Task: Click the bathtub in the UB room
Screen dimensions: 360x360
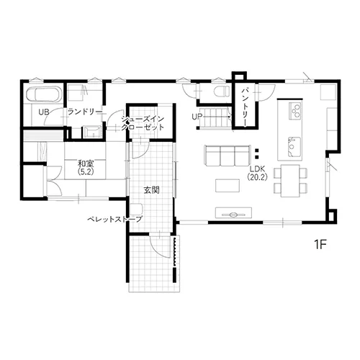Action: [44, 94]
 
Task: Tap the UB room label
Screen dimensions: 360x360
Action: [44, 112]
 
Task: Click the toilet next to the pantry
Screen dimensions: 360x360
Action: [222, 91]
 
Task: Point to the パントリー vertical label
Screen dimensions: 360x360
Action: [245, 107]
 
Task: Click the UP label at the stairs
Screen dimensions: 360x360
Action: [197, 117]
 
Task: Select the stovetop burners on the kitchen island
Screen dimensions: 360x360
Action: [295, 110]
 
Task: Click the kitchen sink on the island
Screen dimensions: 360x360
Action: [294, 146]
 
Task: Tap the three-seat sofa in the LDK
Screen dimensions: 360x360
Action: [228, 156]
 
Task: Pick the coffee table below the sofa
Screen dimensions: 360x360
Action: [228, 186]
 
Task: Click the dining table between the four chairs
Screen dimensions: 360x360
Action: [290, 181]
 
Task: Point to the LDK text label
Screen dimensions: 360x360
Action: [257, 168]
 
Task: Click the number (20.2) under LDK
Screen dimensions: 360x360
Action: [257, 177]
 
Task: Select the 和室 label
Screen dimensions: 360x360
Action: [86, 164]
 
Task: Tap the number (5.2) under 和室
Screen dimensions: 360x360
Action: [86, 172]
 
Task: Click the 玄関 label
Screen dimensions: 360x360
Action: [152, 190]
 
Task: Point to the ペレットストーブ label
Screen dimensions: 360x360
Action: [114, 219]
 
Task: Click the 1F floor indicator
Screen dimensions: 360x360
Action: [320, 245]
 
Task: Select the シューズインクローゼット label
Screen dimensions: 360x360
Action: [143, 123]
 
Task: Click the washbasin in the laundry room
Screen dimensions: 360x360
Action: [91, 132]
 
